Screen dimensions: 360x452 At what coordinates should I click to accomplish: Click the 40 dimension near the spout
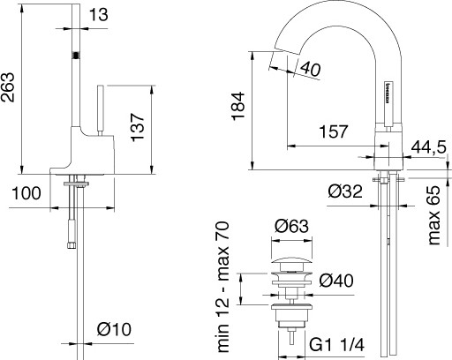click(310, 69)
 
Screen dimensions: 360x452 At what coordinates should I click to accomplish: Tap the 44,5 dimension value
click(430, 146)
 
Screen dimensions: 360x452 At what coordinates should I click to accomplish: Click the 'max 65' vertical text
click(433, 217)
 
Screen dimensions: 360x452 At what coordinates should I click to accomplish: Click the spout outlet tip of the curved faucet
click(275, 64)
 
